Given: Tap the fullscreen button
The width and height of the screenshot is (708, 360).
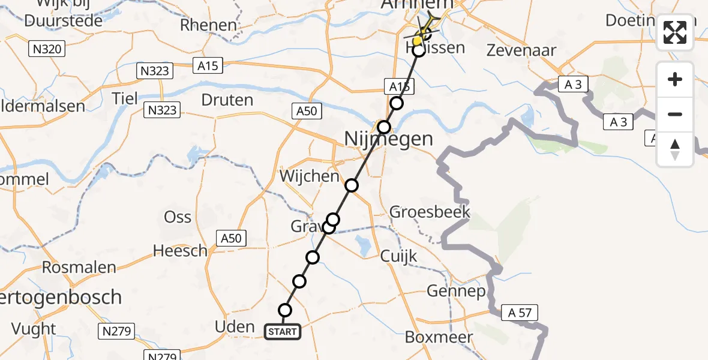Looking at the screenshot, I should click(675, 32).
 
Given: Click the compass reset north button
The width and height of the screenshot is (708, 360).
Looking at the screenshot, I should click(675, 149).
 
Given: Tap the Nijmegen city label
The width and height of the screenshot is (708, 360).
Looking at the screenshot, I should click(388, 139).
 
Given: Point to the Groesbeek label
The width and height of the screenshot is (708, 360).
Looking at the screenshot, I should click(430, 212).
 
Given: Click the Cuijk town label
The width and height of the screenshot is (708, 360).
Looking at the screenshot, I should click(398, 256).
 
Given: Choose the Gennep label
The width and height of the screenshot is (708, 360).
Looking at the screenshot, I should click(456, 292).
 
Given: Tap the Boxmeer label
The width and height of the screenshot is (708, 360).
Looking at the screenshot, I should click(439, 337).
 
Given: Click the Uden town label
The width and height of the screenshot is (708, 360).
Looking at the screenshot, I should click(235, 326).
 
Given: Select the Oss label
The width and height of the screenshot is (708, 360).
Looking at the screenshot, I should click(178, 217).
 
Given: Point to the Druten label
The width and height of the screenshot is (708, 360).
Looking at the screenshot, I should click(227, 100).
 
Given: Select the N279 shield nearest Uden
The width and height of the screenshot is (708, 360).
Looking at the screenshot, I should click(116, 331).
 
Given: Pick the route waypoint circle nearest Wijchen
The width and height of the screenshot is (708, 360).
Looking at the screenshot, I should click(352, 185).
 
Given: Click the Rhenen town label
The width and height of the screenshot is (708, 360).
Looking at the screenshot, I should click(209, 25).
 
